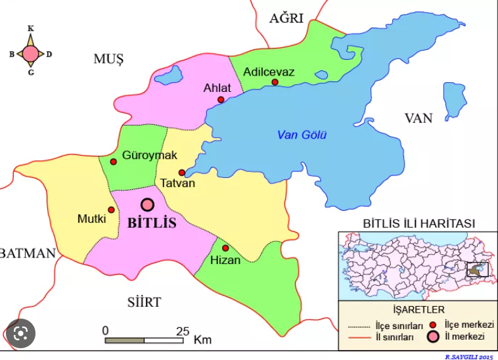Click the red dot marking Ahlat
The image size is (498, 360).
pyautogui.click(x=221, y=100)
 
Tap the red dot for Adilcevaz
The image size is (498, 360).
pyautogui.click(x=275, y=82)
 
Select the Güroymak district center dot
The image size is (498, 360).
pyautogui.click(x=113, y=162)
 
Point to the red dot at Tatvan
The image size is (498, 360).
pyautogui.click(x=182, y=173)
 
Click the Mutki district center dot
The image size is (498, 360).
pyautogui.click(x=111, y=210)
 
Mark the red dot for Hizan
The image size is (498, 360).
pyautogui.click(x=225, y=248)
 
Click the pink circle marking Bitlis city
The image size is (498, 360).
pyautogui.click(x=147, y=205)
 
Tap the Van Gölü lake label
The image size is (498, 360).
pyautogui.click(x=302, y=135)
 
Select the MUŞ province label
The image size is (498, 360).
pyautogui.click(x=108, y=60)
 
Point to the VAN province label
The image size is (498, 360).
pyautogui.click(x=419, y=118)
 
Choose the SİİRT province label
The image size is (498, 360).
pyautogui.click(x=144, y=302)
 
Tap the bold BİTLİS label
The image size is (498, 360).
pyautogui.click(x=152, y=223)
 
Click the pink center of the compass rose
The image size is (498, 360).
pyautogui.click(x=31, y=53)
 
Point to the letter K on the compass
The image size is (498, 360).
pyautogui.click(x=31, y=29)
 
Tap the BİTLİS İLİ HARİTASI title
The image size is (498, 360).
pyautogui.click(x=419, y=224)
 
